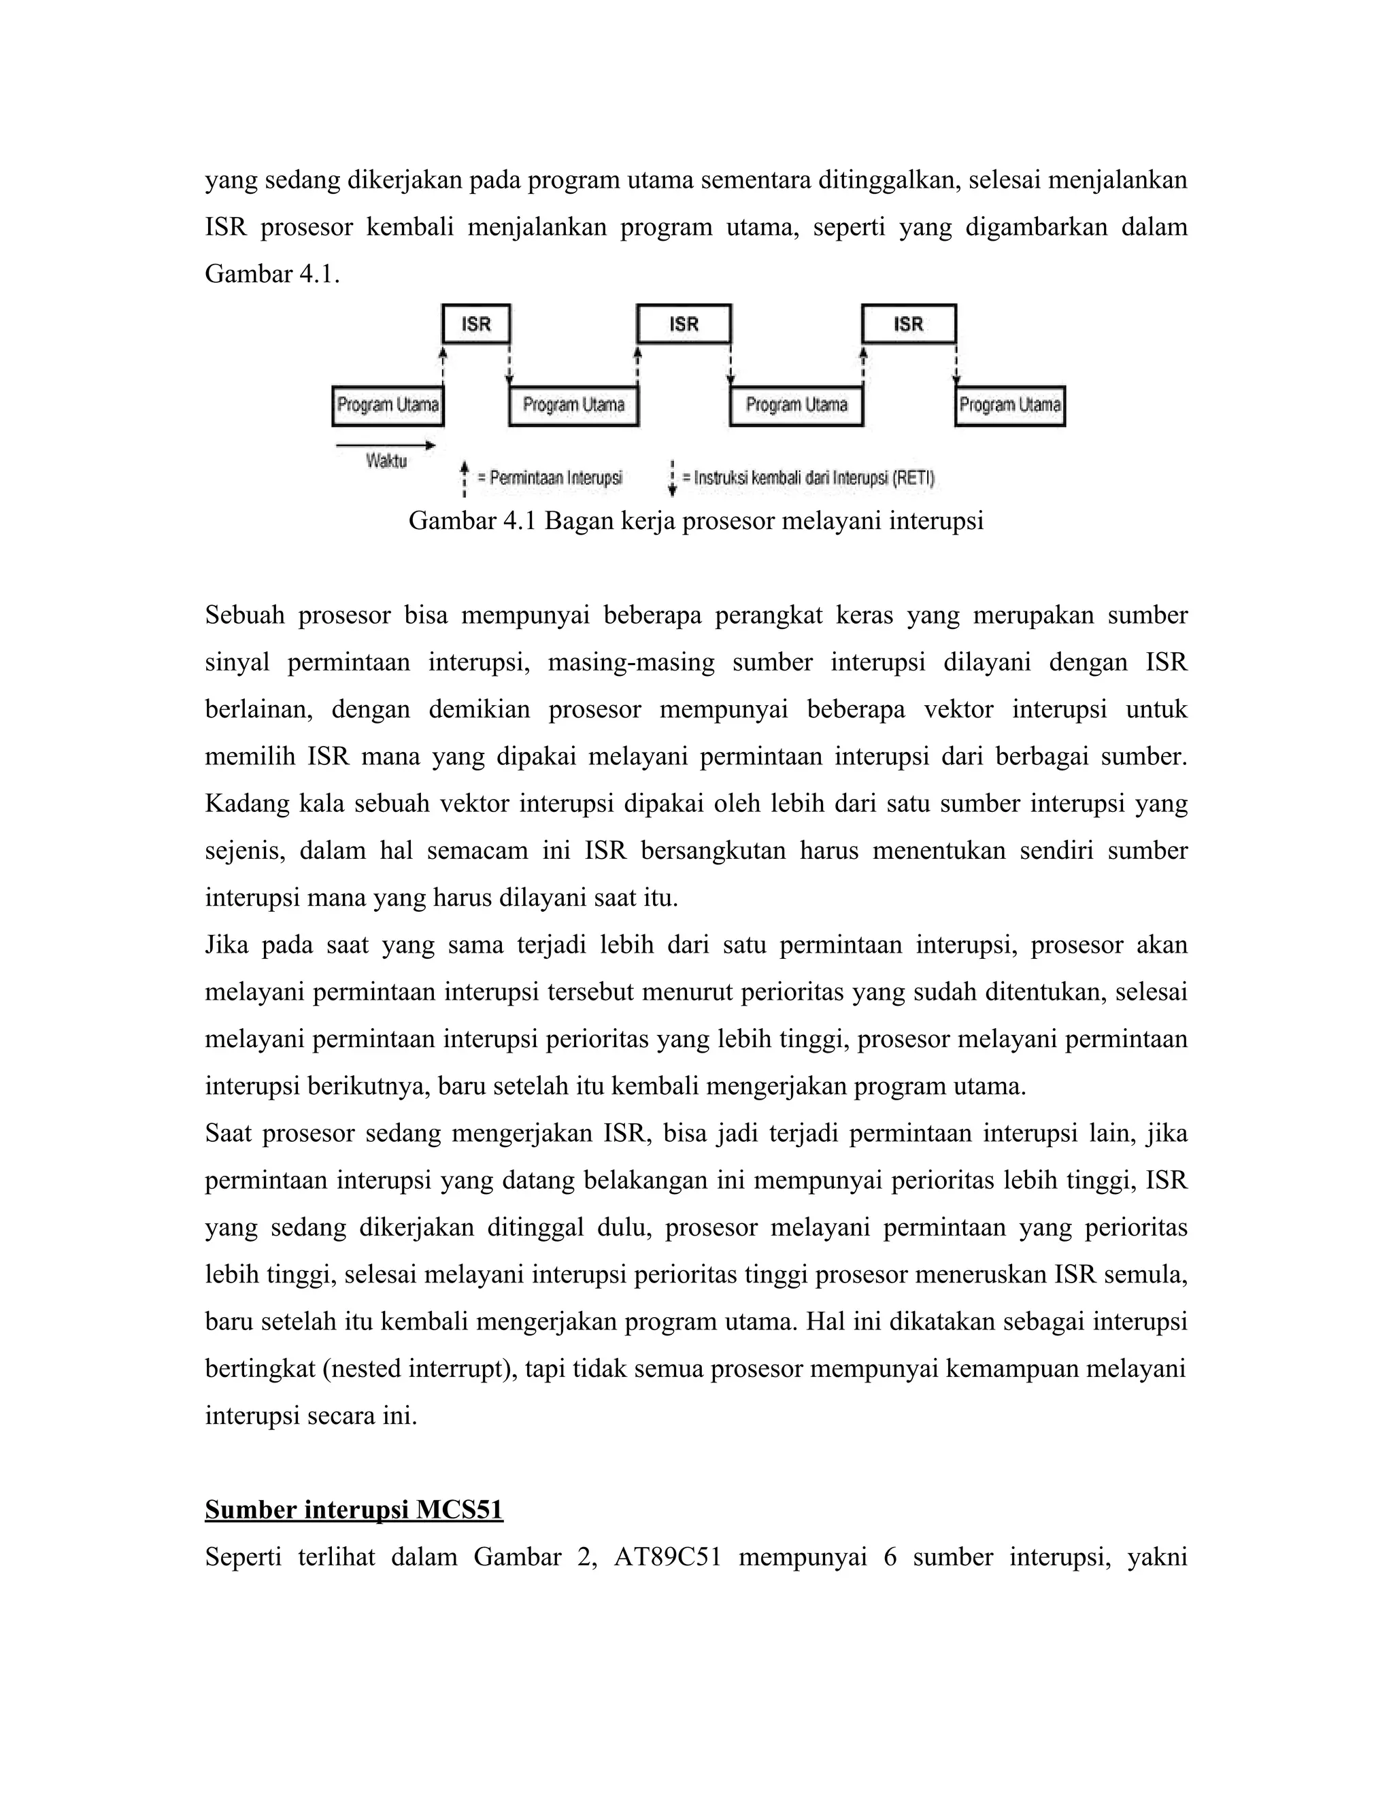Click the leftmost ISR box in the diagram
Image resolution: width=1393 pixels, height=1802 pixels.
(476, 324)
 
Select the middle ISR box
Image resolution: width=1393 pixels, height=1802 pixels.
(684, 324)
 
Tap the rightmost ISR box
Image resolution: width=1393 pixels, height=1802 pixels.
(909, 324)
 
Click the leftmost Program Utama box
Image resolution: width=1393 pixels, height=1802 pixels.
(388, 405)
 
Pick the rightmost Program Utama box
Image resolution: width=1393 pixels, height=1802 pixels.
(1010, 405)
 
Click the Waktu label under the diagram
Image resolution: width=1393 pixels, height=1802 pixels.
(386, 462)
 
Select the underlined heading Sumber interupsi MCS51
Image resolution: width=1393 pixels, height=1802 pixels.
(354, 1510)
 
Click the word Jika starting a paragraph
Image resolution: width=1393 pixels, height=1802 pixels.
(226, 945)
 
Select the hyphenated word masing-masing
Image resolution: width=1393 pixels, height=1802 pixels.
(631, 662)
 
